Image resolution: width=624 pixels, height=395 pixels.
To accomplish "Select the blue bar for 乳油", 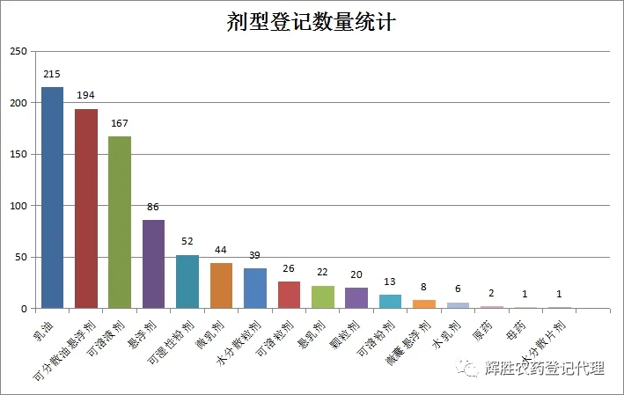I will click(x=52, y=198).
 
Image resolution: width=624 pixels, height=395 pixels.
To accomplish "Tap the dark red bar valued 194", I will click(x=86, y=208).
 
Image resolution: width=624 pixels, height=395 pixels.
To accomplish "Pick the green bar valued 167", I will click(x=120, y=223).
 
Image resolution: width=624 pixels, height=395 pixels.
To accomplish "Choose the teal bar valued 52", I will click(x=187, y=282).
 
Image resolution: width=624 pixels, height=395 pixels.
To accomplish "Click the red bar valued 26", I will click(x=289, y=296).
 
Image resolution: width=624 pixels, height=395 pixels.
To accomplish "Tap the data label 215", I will click(x=52, y=75).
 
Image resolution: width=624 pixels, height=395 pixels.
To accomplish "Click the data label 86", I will click(x=154, y=208).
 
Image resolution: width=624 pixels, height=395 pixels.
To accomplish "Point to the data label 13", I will click(x=390, y=282).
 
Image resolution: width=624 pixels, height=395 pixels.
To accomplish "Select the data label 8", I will click(x=424, y=288).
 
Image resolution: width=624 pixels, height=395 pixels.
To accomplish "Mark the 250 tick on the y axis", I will click(x=18, y=52).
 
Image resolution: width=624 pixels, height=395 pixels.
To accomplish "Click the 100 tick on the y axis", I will click(x=18, y=206).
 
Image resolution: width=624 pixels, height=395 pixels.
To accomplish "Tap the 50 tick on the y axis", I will click(x=20, y=258).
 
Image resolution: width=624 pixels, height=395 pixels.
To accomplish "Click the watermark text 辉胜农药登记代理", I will click(x=545, y=369).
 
